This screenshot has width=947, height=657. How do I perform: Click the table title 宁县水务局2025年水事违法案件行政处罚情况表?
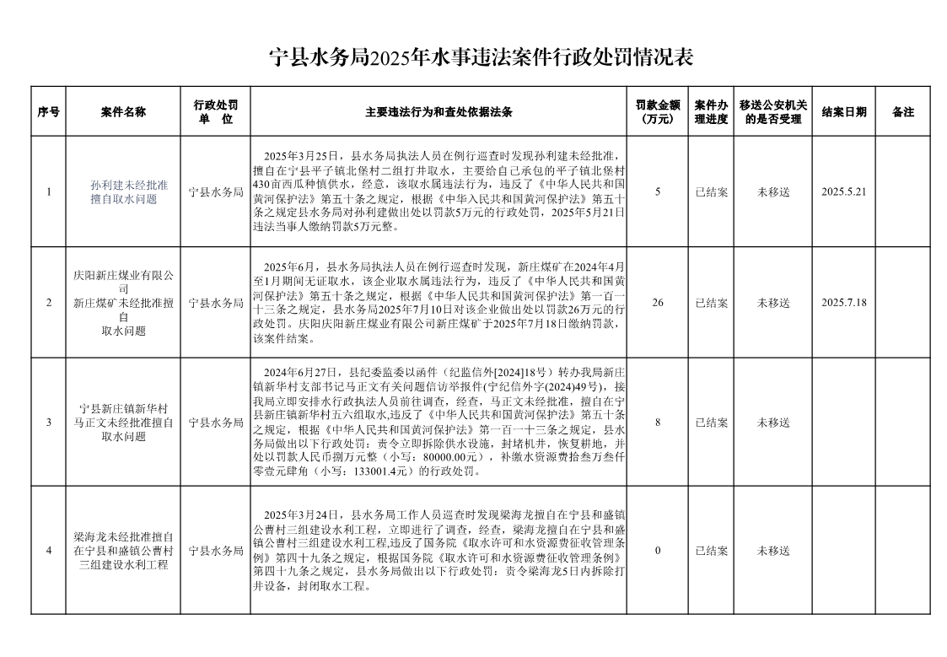[481, 58]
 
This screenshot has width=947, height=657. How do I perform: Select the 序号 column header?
[49, 111]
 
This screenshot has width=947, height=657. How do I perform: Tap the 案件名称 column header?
[123, 111]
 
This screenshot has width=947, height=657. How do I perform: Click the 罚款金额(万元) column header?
[657, 111]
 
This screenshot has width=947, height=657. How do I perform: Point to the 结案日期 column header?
[844, 111]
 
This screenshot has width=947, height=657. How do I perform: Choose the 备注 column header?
[903, 111]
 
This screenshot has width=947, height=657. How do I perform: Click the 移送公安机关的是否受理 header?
[773, 111]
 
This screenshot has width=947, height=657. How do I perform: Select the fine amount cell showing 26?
[657, 302]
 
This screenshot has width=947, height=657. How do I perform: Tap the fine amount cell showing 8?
[657, 422]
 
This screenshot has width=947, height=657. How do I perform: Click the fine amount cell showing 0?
[657, 551]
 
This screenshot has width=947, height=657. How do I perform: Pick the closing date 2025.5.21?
[844, 191]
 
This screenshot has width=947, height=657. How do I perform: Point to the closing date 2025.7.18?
[844, 302]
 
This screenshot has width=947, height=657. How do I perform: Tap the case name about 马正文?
[123, 422]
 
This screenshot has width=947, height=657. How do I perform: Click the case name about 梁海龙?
[123, 551]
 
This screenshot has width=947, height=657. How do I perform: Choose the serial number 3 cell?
[49, 422]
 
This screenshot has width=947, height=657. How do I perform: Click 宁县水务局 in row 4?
[216, 551]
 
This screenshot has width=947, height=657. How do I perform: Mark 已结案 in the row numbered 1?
[712, 191]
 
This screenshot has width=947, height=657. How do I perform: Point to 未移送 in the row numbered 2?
[773, 302]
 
